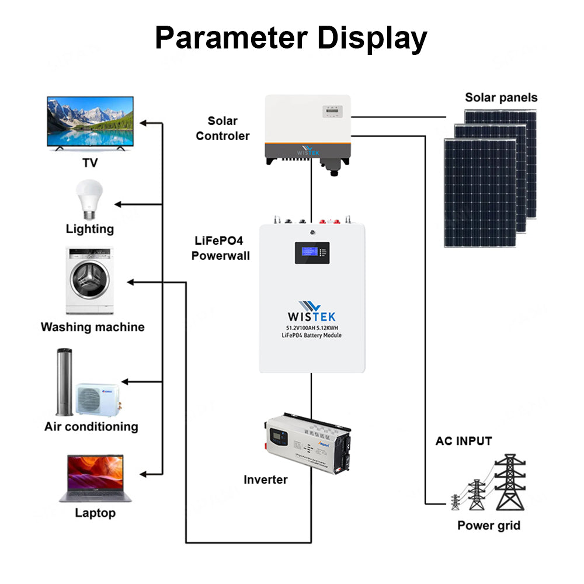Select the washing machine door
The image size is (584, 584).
(x=89, y=280)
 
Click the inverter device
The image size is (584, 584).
(x=308, y=444)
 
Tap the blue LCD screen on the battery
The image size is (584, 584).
(x=312, y=252)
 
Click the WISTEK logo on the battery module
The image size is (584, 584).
(x=311, y=312)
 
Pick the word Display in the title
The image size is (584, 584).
(x=372, y=38)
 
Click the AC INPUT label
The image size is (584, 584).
(x=464, y=441)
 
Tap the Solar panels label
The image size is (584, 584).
(x=501, y=98)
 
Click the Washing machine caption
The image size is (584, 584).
(x=92, y=327)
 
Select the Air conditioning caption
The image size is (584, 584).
(x=91, y=426)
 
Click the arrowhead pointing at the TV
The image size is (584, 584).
(x=145, y=123)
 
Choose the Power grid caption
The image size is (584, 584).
(x=488, y=525)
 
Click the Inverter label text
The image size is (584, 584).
(x=265, y=479)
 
